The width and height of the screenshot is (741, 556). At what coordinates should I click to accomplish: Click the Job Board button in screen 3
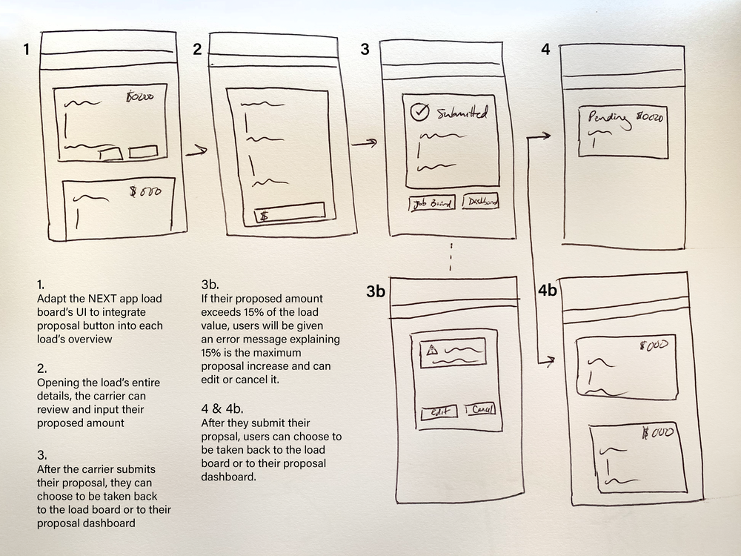[x=432, y=204]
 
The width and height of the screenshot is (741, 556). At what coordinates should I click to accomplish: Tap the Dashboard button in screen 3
[x=481, y=202]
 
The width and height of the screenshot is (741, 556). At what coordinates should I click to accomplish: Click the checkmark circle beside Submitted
[x=420, y=113]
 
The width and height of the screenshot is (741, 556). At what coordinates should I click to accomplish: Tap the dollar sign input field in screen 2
[x=289, y=214]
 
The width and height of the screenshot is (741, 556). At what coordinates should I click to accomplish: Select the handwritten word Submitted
[x=462, y=114]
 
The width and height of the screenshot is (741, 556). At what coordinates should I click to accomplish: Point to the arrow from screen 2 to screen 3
[x=364, y=143]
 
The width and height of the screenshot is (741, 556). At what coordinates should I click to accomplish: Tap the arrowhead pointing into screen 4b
[x=548, y=361]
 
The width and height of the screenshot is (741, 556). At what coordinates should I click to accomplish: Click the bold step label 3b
[x=376, y=292]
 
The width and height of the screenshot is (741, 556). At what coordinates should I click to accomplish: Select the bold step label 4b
[x=548, y=290]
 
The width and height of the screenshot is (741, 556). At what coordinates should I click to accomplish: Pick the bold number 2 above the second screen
[x=197, y=50]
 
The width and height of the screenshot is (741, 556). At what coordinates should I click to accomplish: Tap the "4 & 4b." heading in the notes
[x=222, y=408]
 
